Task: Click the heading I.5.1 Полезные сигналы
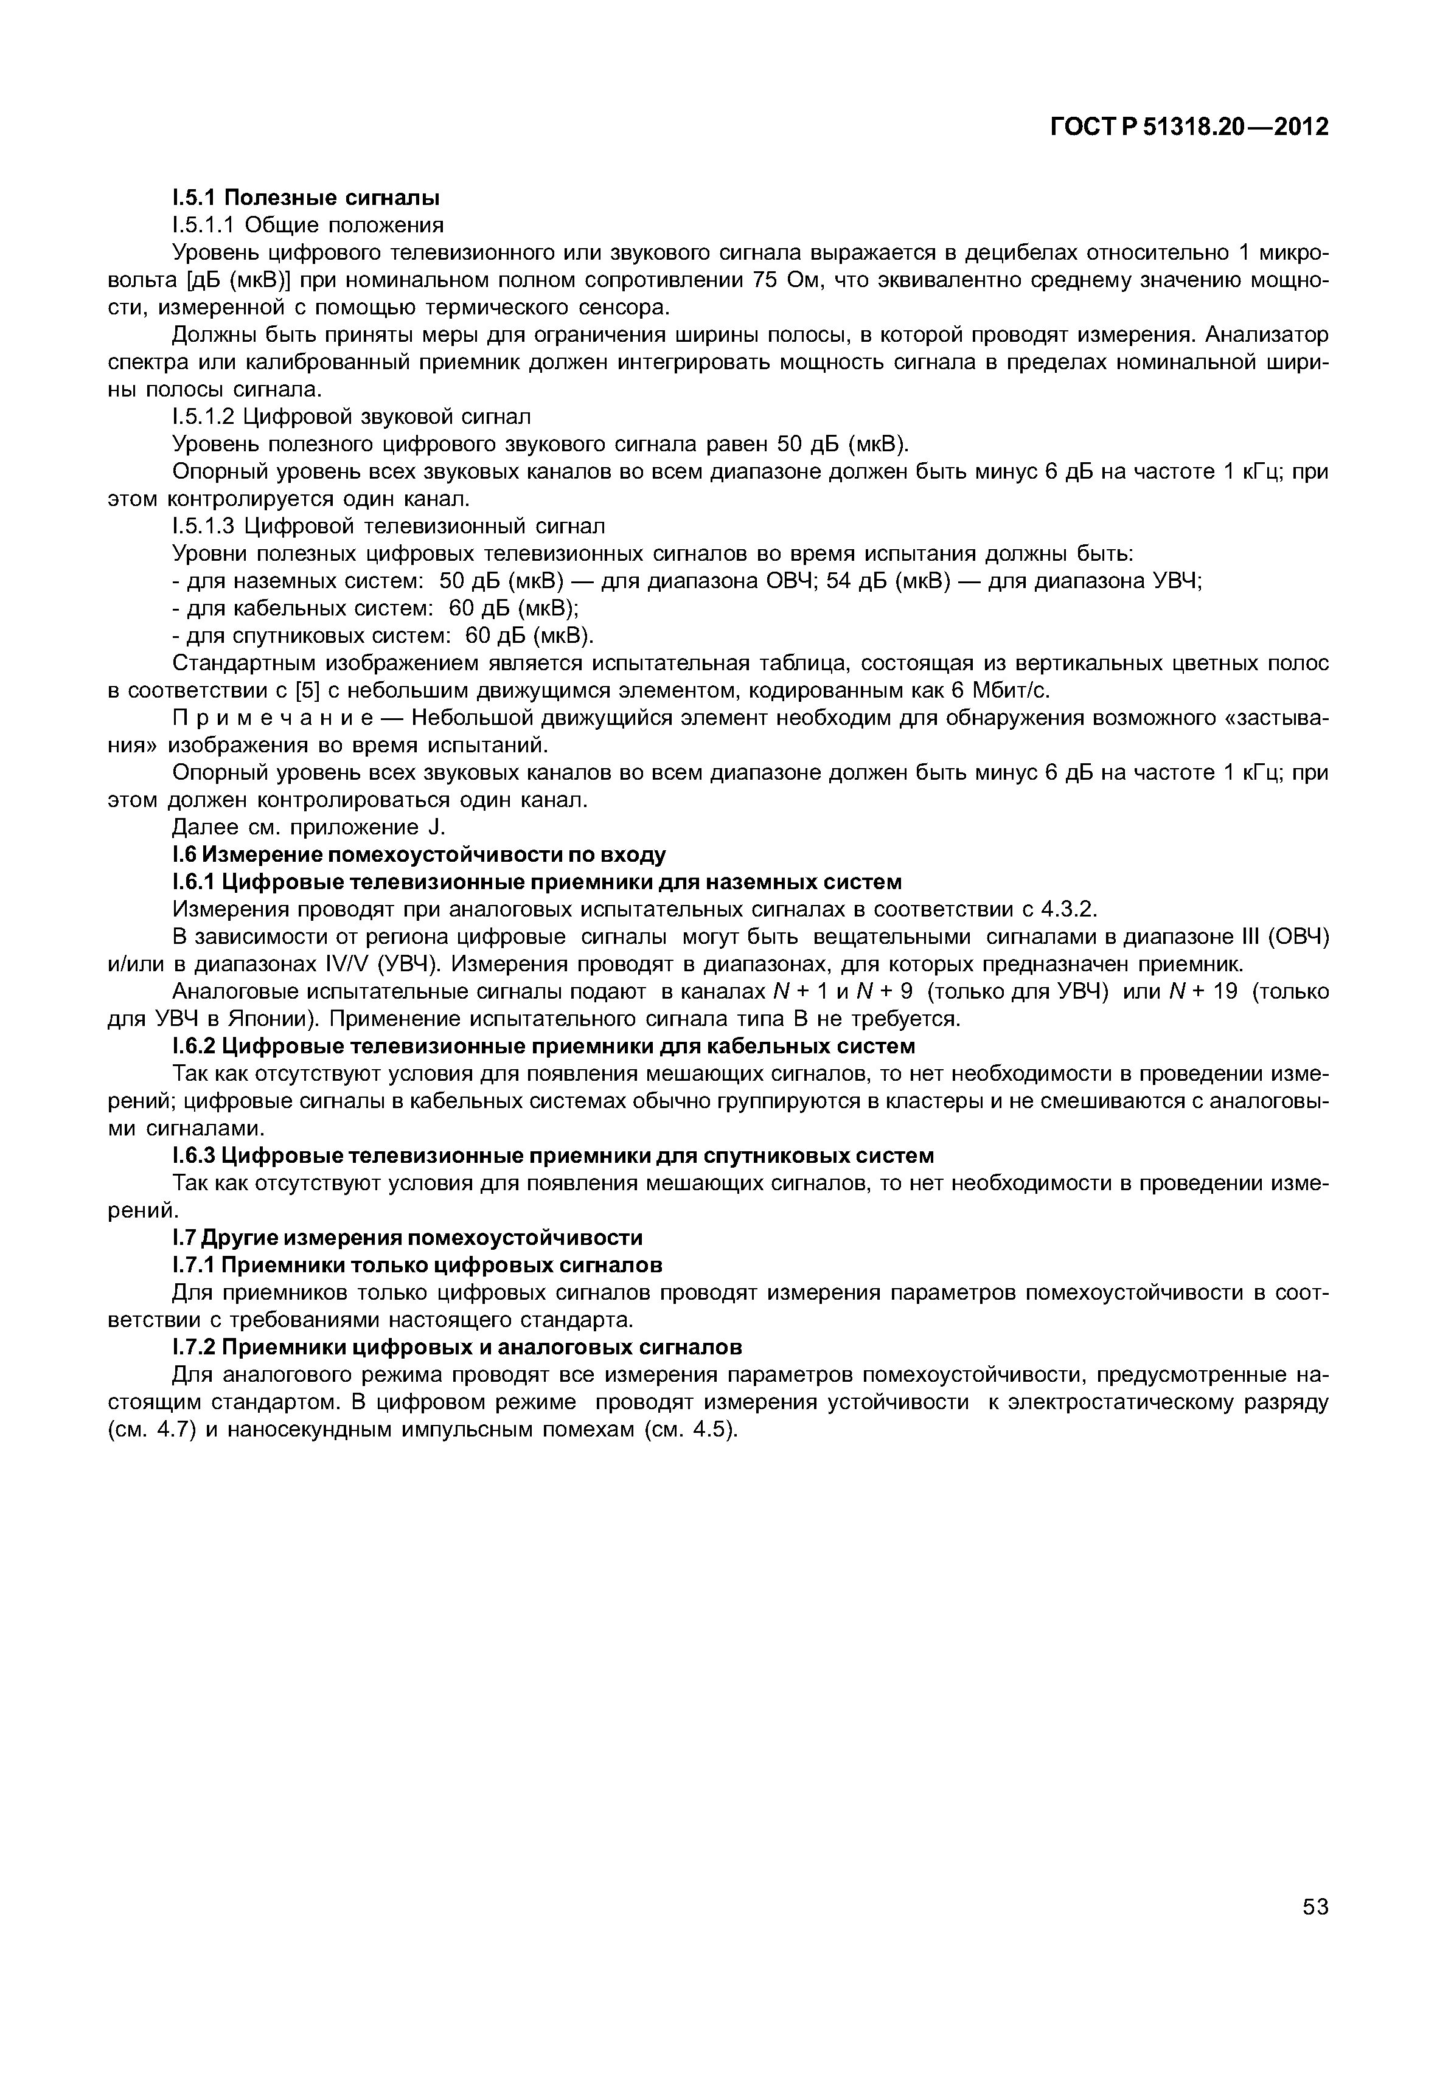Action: (305, 196)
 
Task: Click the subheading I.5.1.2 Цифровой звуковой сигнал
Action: (351, 417)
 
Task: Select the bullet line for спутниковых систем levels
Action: (383, 636)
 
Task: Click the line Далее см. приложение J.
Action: (309, 827)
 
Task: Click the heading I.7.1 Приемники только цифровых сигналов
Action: (417, 1266)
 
